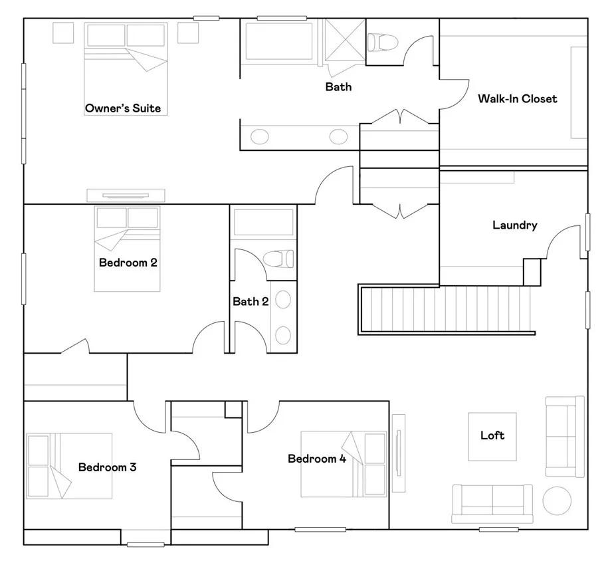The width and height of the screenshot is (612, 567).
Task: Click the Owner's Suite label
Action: point(123,108)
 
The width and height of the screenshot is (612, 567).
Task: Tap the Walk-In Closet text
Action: point(518,99)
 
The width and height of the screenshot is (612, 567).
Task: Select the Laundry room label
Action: point(514,225)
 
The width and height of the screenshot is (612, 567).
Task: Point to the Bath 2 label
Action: point(251,302)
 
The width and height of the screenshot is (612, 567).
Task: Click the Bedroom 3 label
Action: point(107,467)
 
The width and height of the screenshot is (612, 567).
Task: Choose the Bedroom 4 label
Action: point(317,459)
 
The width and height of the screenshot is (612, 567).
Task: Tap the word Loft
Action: point(492,435)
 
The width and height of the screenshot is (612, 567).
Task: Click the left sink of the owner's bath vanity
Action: point(259,137)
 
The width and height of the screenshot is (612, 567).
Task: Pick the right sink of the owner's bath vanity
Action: point(338,137)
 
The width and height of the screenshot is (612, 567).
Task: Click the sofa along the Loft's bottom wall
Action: point(492,504)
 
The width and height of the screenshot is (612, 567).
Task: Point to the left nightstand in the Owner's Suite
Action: point(63,33)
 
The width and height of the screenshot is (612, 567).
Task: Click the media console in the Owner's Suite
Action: point(126,195)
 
